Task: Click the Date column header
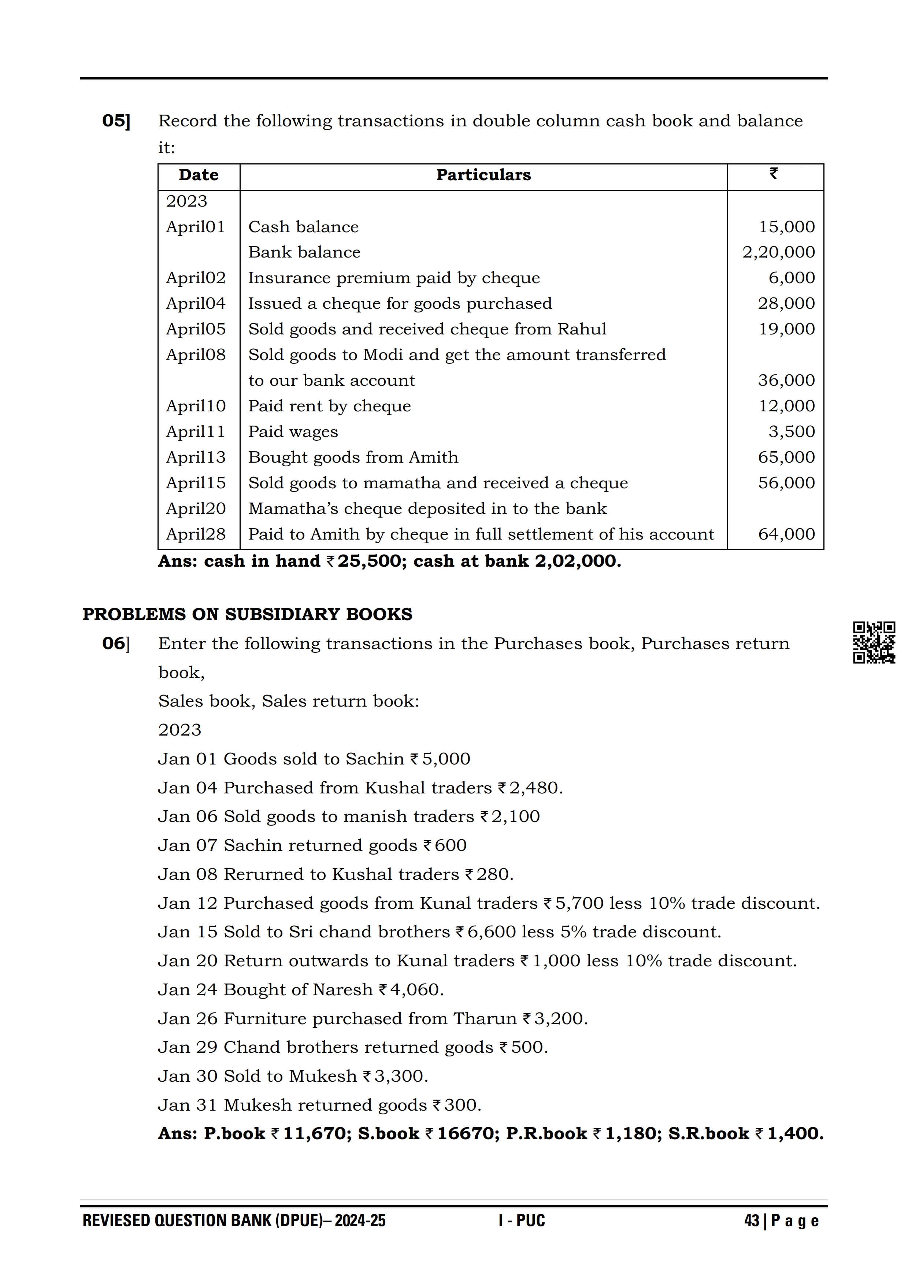199,175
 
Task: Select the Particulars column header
483,175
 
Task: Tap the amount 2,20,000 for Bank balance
778,252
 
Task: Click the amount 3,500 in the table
791,432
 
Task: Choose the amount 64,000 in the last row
786,534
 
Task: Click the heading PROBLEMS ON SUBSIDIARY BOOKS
247,615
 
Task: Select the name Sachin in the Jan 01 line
375,759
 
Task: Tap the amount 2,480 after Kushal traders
534,788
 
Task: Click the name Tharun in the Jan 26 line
485,1019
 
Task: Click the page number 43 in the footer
751,1221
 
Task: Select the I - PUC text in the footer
522,1221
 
